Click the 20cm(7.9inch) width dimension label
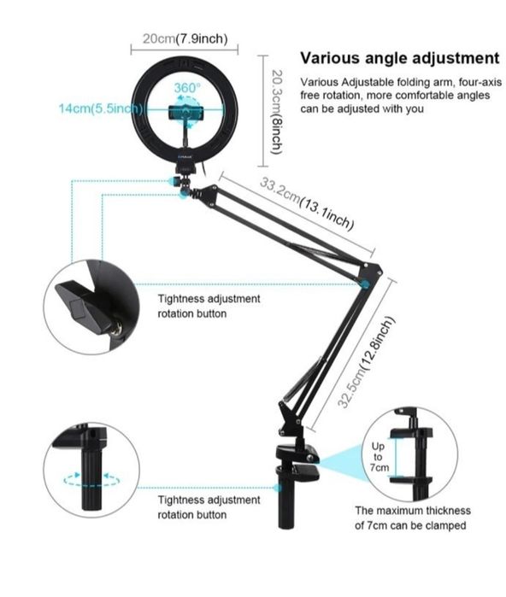tap(185, 38)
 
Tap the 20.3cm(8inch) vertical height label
tap(277, 112)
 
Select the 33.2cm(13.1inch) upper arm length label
tap(307, 203)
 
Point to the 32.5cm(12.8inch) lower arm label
tap(366, 362)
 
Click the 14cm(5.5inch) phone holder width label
tap(101, 108)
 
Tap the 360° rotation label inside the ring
tap(186, 88)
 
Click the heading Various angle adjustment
tap(400, 58)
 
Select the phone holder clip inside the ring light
tap(185, 113)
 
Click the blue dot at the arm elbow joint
tap(365, 284)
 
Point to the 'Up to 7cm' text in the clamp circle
tap(379, 457)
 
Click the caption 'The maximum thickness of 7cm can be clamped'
tap(413, 518)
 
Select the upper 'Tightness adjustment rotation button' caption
tap(209, 306)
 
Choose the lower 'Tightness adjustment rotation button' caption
tap(209, 507)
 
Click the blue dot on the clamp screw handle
tap(278, 488)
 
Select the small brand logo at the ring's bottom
tap(185, 155)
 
